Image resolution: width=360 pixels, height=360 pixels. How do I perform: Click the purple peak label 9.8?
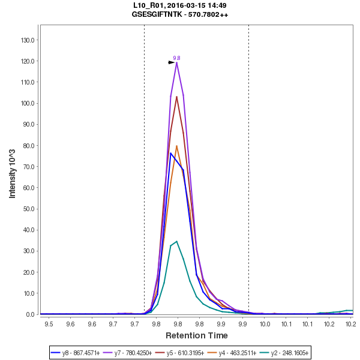[176, 58]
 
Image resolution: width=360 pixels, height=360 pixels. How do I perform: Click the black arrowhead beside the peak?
[172, 62]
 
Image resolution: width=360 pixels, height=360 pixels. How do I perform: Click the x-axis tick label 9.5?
[49, 325]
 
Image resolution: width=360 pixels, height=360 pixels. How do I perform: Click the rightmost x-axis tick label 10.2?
[350, 325]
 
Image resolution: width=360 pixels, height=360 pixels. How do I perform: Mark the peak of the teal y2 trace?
[176, 241]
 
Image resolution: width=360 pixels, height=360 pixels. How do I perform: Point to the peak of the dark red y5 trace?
[176, 96]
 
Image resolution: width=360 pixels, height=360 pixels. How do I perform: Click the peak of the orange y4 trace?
[176, 146]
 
